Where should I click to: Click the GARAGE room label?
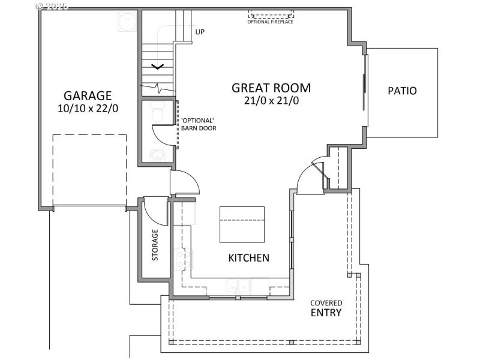[88, 95]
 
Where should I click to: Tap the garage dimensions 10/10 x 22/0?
[88, 109]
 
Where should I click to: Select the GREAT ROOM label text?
[271, 88]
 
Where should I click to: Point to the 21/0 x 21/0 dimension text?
[271, 101]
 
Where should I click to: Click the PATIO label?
[402, 91]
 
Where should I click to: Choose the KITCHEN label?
[248, 258]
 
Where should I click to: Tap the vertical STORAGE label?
[155, 244]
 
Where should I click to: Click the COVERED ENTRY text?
[326, 308]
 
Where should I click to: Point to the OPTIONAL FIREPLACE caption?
[271, 22]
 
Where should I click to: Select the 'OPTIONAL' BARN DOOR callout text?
[199, 124]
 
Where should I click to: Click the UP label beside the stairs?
[200, 32]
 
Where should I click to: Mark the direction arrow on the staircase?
[157, 67]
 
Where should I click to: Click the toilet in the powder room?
[157, 112]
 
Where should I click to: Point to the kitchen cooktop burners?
[181, 259]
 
